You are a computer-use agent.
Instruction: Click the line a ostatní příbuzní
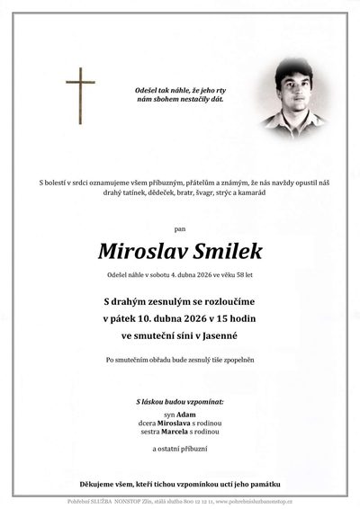pos(180,446)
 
